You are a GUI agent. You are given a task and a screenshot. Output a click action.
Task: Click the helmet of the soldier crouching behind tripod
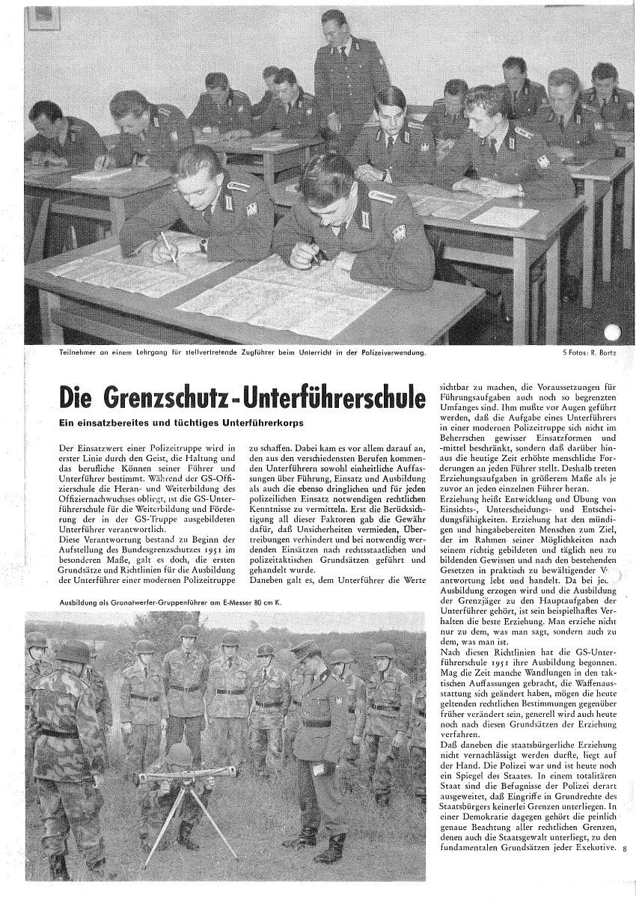(180, 751)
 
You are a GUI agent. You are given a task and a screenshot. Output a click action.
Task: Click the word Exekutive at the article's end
(596, 849)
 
